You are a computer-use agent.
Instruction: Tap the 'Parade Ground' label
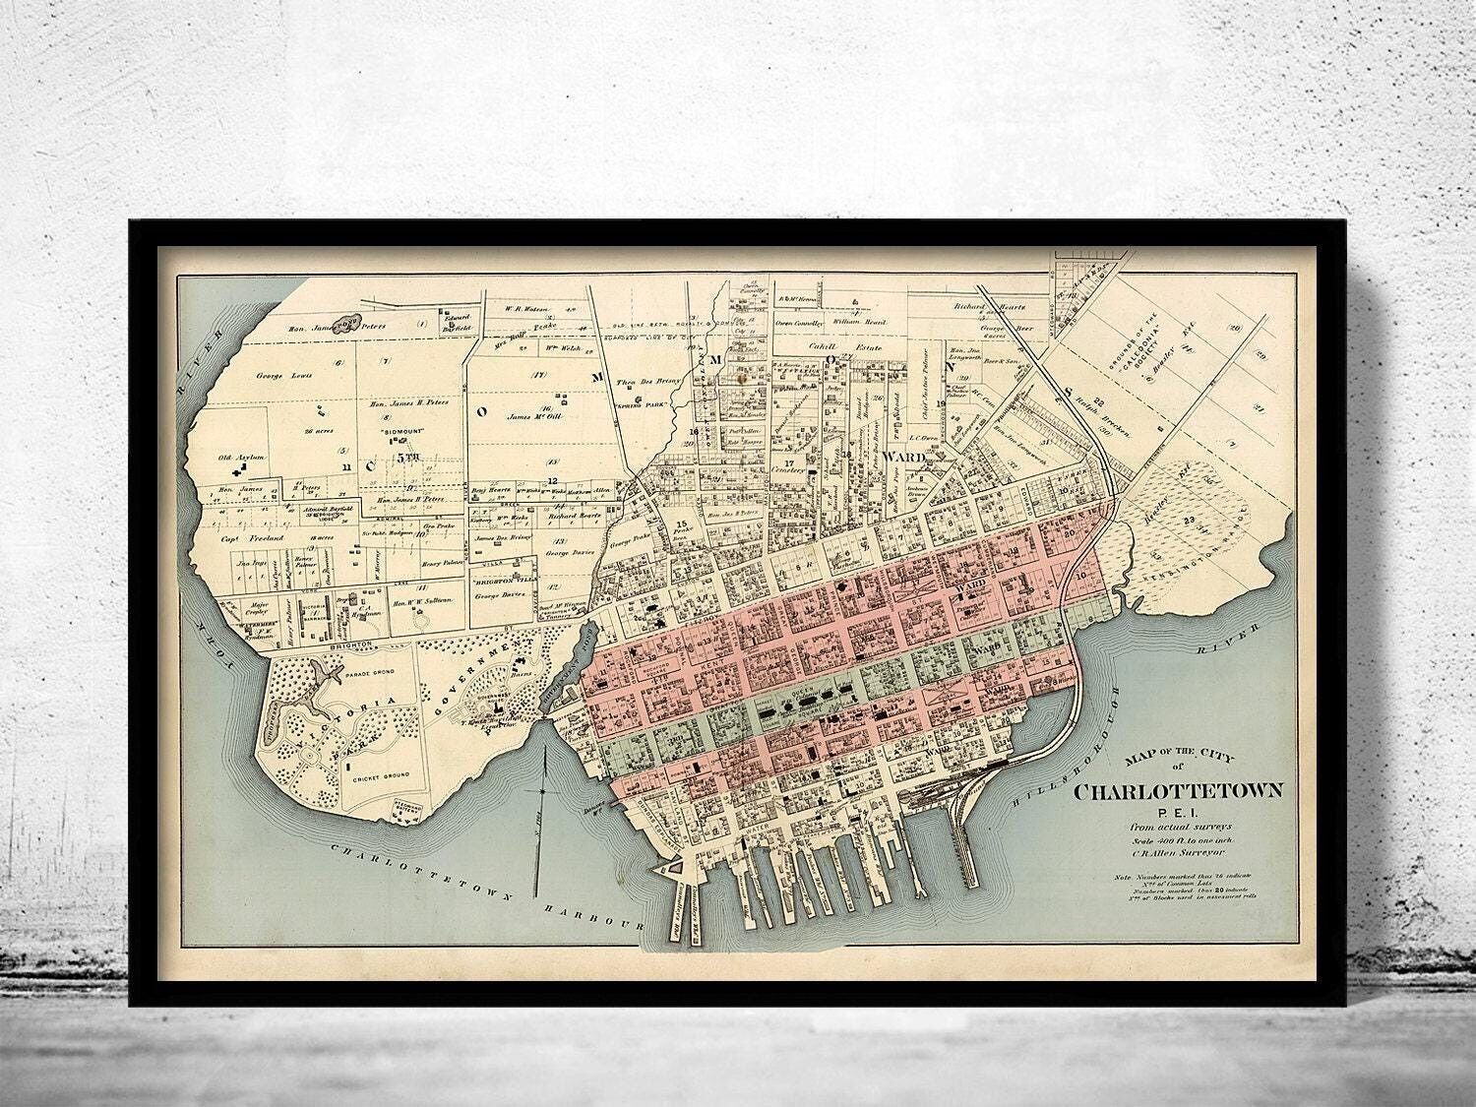click(x=369, y=677)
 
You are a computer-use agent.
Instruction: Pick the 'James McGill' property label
click(x=531, y=416)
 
